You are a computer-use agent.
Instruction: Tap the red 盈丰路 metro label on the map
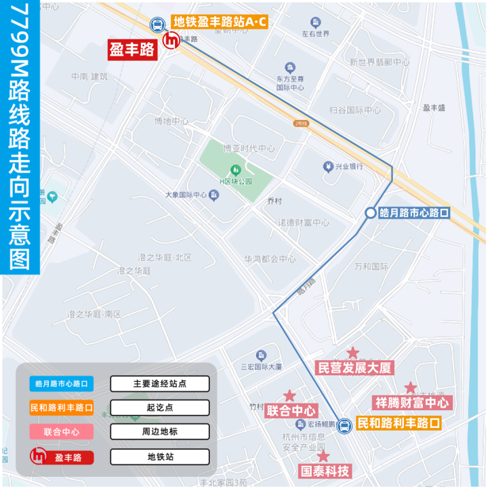[132, 49]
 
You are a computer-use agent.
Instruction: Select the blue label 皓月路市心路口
[413, 212]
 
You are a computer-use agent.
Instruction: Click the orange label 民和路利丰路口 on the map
[398, 424]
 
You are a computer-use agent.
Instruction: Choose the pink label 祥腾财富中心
[412, 402]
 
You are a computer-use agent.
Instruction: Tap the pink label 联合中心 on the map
[291, 410]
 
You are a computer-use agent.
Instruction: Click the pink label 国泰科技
[325, 471]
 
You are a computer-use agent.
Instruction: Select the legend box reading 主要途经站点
[160, 384]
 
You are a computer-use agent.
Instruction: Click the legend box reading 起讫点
[160, 408]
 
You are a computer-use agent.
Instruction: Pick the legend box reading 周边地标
[160, 432]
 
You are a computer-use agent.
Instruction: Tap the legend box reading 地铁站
[160, 457]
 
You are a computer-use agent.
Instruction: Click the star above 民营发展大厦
[353, 353]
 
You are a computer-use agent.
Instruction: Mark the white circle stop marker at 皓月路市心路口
[370, 213]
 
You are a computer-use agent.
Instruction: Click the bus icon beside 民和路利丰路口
[344, 425]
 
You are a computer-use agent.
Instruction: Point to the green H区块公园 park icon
[235, 169]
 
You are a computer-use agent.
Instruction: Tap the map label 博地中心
[171, 121]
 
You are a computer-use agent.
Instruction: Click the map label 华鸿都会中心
[270, 259]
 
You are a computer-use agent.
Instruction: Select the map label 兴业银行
[348, 166]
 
